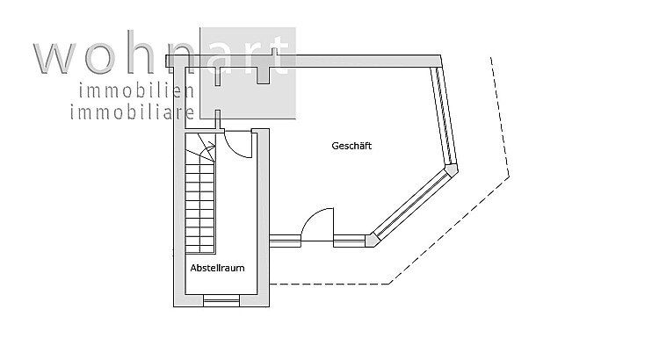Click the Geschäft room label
pos(351,146)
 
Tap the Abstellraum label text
pos(217,268)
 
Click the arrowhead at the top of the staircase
pos(213,146)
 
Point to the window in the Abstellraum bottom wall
pos(221,301)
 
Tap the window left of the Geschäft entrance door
pos(285,241)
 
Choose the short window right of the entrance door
pos(350,241)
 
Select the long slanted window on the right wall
pos(444,115)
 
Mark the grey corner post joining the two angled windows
pos(452,169)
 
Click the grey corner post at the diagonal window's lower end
pos(370,241)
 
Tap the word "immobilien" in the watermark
pos(136,91)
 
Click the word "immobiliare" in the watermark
pos(132,112)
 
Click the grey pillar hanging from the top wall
pos(263,76)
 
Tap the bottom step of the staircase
pos(200,249)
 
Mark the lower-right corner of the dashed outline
pos(388,284)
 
